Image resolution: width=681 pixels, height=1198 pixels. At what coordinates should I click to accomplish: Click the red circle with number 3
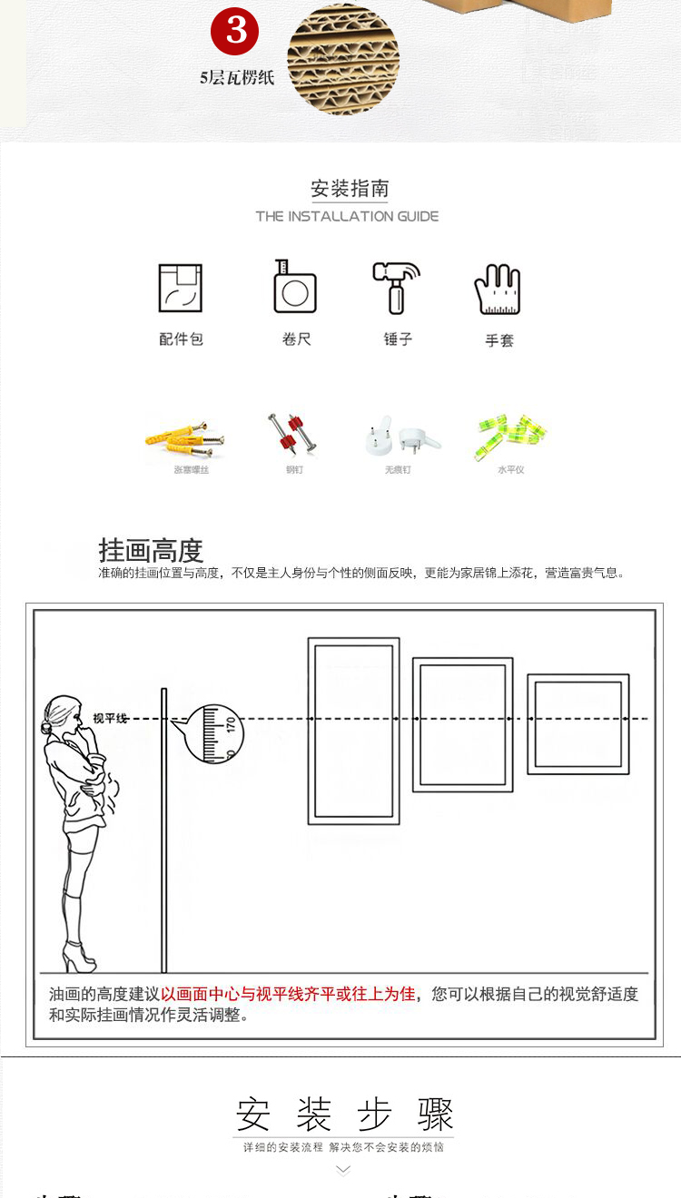click(235, 32)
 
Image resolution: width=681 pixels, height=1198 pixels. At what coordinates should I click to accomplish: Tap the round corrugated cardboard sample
click(343, 60)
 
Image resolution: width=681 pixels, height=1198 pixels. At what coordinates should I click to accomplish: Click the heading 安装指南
click(350, 189)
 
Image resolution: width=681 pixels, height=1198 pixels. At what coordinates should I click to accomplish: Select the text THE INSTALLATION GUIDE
click(347, 216)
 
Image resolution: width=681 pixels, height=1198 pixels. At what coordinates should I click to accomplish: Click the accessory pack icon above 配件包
click(180, 289)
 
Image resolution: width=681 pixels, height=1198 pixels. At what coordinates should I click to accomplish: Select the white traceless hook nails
click(399, 436)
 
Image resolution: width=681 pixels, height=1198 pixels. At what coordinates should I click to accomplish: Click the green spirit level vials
click(510, 435)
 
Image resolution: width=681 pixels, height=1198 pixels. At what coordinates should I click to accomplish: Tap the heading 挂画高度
click(151, 551)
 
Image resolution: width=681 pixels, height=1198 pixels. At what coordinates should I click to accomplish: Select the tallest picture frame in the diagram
click(353, 731)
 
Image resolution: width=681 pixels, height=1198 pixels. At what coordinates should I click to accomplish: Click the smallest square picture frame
click(577, 723)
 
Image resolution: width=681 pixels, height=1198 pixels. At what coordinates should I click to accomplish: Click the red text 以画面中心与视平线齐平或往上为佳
click(288, 994)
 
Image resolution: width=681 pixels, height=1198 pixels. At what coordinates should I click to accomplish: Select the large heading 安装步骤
click(344, 1114)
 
